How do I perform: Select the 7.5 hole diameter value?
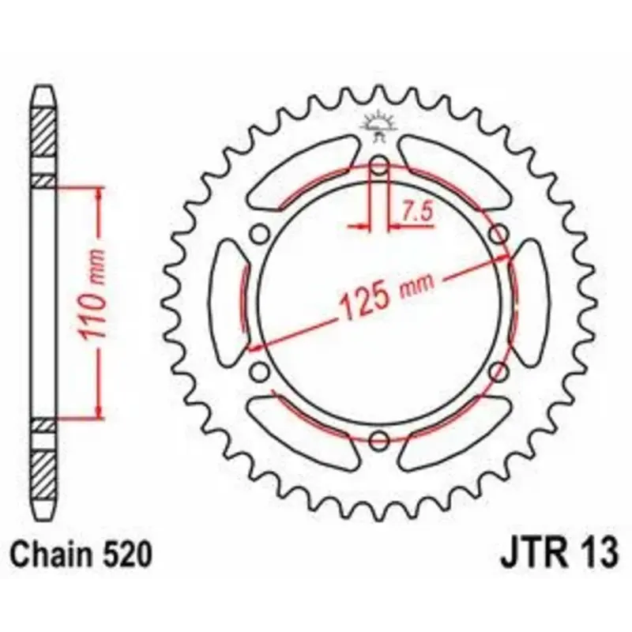(x=417, y=212)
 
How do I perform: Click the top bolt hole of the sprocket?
(x=379, y=165)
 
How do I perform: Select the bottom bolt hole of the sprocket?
(x=379, y=440)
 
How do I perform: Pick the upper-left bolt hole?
(x=260, y=234)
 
